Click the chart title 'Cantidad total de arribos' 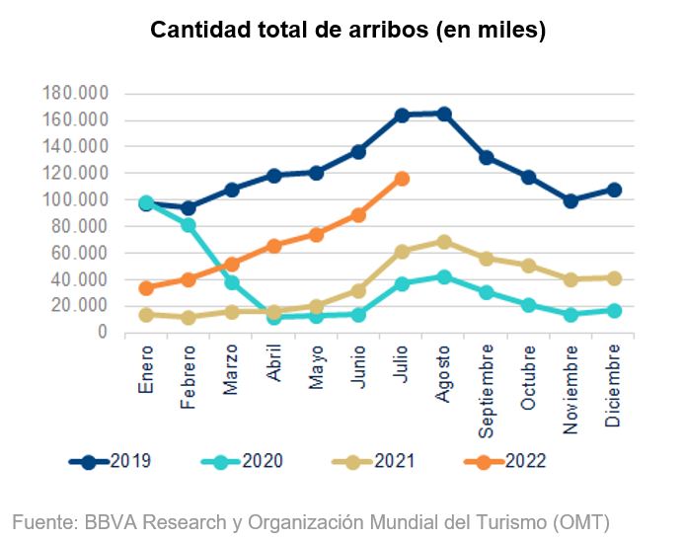(x=347, y=31)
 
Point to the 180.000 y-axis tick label (x=75, y=94)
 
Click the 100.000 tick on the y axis (x=75, y=200)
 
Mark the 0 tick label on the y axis (x=102, y=333)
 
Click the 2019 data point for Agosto (x=444, y=114)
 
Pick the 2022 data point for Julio (x=402, y=179)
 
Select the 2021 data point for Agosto (x=444, y=242)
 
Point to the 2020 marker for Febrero (x=189, y=225)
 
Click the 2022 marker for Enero (x=146, y=288)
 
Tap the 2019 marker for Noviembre (x=570, y=200)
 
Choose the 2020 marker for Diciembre (x=613, y=311)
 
